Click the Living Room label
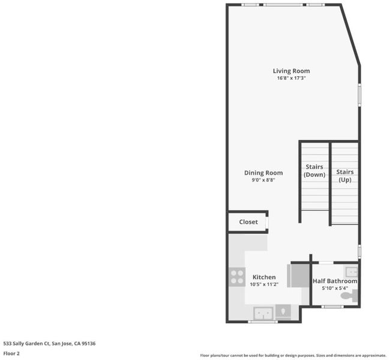point(291,71)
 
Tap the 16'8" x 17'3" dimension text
point(291,78)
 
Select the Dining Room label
point(263,173)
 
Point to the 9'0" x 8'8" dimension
point(263,180)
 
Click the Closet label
point(248,222)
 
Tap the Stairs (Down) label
point(314,170)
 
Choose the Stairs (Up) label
point(345,176)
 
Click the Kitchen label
point(264,277)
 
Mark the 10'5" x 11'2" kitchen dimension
point(264,284)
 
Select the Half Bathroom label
point(335,281)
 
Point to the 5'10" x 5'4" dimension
point(335,289)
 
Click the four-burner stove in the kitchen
point(237,277)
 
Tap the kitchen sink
point(263,313)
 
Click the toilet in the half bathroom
point(349,296)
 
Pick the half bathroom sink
point(351,272)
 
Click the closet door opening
point(267,223)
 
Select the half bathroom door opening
point(326,262)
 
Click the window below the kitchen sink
point(263,322)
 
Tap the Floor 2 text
point(11,353)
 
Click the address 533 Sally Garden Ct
point(26,344)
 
